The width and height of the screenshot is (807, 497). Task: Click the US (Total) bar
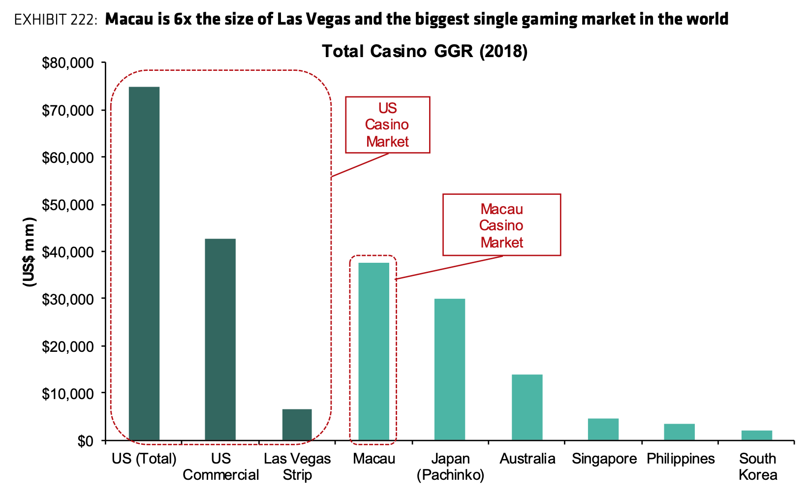144,263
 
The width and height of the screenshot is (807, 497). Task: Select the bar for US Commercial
220,339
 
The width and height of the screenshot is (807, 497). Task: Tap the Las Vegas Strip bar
297,424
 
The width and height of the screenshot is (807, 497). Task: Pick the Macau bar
373,351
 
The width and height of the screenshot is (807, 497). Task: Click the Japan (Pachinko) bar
449,369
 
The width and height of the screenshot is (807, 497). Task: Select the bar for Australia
527,407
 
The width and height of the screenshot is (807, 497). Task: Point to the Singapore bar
603,429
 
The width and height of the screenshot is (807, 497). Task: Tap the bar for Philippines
679,432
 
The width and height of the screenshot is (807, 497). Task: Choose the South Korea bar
756,435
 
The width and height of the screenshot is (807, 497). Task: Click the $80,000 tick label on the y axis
68,63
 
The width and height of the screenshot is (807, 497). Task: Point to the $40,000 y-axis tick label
68,252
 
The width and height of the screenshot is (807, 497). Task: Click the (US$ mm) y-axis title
29,251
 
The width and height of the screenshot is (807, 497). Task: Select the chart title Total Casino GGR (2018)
424,51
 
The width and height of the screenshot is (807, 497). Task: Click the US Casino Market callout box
387,125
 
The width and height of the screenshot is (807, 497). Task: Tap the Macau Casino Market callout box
501,225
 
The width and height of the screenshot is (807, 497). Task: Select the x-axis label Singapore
604,459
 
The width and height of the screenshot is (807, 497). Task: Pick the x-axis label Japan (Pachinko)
450,466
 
